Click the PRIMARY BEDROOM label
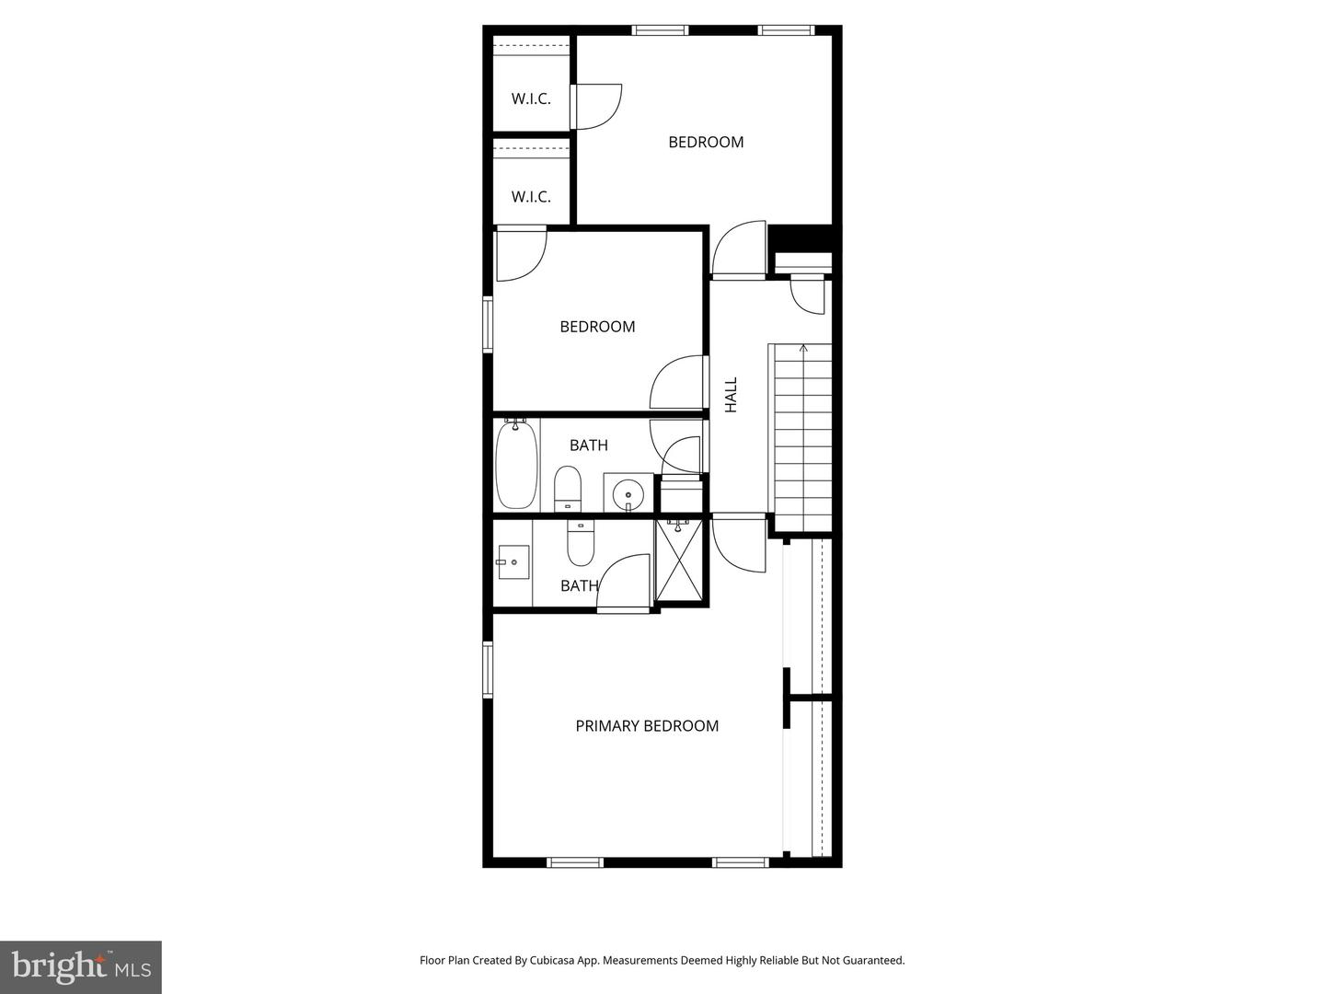647,726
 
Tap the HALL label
732,394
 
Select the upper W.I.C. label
531,98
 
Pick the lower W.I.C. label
531,197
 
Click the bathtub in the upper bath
516,465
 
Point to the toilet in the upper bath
568,488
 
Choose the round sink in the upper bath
628,493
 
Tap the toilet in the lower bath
581,544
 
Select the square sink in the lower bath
513,561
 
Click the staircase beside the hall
801,437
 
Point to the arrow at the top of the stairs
803,349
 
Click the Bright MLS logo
80,966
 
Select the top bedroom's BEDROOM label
706,142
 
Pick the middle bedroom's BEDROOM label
597,327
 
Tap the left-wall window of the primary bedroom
489,669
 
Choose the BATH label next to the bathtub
588,445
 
